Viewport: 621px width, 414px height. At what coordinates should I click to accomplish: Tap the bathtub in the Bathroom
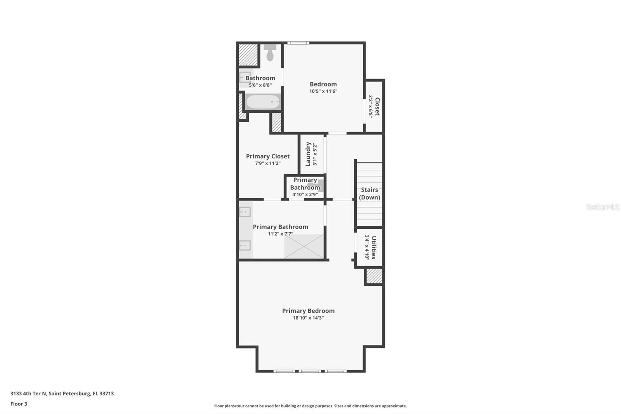point(263,102)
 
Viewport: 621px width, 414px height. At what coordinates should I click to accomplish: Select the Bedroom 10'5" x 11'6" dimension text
point(323,91)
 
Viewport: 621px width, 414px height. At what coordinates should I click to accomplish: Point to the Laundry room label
point(308,154)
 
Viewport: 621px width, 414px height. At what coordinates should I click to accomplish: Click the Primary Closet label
point(268,156)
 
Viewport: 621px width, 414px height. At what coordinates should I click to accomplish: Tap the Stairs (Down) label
point(369,193)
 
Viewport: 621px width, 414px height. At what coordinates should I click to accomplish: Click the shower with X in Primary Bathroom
point(304,246)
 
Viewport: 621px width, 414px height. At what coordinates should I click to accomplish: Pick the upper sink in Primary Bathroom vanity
point(245,212)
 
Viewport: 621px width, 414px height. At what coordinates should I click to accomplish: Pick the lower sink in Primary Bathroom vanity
point(245,245)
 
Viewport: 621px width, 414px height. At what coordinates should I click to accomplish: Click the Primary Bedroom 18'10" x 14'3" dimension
point(308,318)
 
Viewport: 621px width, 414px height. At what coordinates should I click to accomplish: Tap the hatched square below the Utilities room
point(374,276)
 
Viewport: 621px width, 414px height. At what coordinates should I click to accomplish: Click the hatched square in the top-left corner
point(248,55)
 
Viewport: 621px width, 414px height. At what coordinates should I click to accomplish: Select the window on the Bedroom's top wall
point(298,43)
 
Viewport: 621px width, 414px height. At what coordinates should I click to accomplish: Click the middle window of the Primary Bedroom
point(310,371)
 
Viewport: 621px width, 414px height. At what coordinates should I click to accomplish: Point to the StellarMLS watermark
point(602,207)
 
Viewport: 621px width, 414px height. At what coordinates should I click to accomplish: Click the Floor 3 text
point(19,404)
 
